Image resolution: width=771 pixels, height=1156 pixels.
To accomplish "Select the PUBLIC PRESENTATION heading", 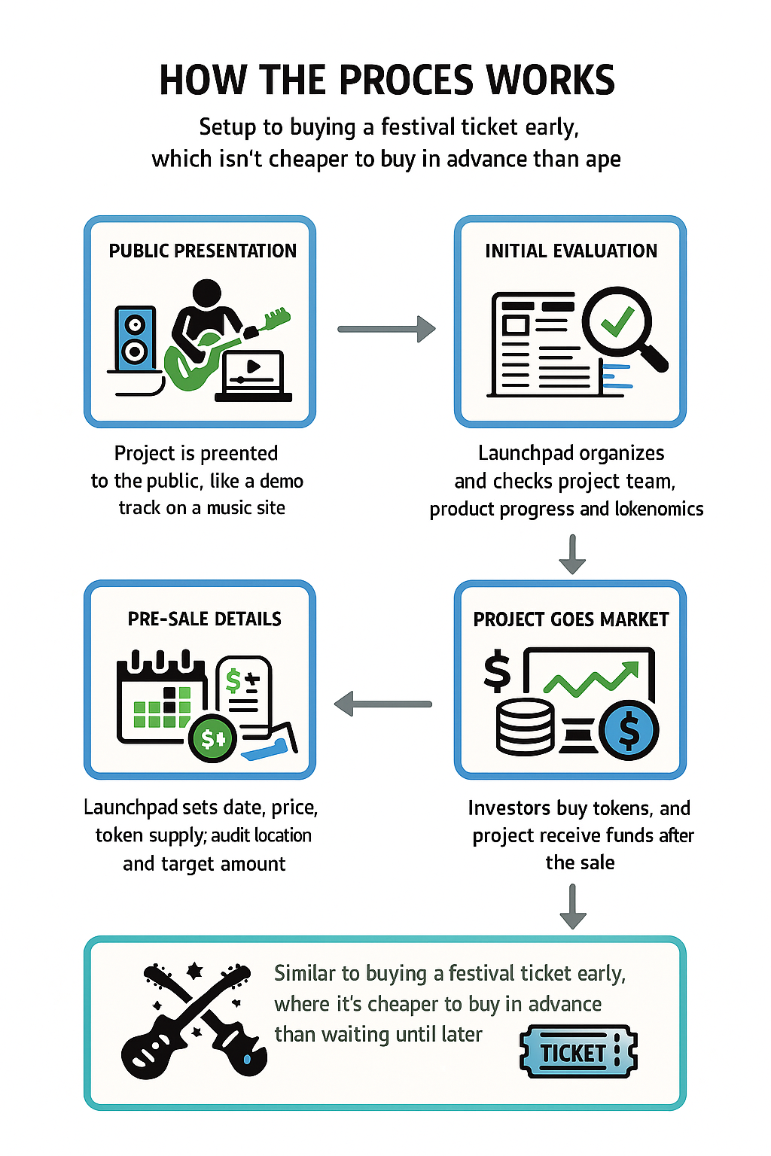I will [203, 251].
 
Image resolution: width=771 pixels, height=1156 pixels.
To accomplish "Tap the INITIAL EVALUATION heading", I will [571, 251].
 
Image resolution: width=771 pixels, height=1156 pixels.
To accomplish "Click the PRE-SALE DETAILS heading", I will [204, 619].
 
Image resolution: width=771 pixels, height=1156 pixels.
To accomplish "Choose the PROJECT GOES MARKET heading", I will [571, 619].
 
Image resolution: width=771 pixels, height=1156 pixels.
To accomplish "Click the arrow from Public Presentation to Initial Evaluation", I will [386, 329].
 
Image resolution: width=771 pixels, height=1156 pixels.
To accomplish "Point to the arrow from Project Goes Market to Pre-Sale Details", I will [383, 704].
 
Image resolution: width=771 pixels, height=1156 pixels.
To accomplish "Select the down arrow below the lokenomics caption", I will [572, 554].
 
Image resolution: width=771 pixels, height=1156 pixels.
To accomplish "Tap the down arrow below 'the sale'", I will [573, 906].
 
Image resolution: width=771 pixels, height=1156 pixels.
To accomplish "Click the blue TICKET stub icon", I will [577, 1052].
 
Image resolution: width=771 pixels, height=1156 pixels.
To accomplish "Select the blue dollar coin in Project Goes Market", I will [629, 729].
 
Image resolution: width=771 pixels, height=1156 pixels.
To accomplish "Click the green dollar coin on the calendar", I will [212, 738].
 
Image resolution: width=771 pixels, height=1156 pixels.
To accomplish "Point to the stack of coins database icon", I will [525, 727].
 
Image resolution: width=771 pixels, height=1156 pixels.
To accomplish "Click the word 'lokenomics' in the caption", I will [659, 510].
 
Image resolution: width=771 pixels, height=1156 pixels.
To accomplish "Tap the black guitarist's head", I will [207, 292].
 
